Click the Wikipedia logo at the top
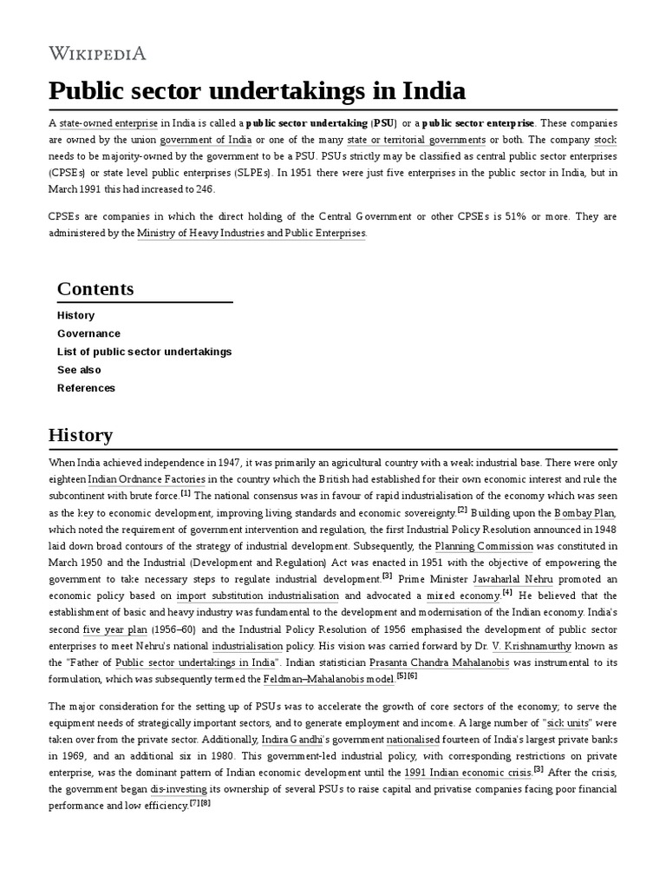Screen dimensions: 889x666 pos(97,54)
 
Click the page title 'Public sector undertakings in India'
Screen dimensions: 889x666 pos(257,91)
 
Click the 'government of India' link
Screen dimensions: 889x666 pos(206,140)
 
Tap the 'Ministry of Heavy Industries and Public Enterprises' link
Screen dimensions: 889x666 pos(251,234)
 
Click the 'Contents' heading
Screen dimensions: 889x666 pos(95,289)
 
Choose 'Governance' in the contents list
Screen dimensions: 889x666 pos(88,333)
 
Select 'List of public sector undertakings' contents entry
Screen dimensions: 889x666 pos(144,352)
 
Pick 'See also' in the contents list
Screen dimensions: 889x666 pos(79,370)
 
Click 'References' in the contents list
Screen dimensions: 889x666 pos(86,388)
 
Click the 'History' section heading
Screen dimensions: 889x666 pos(80,435)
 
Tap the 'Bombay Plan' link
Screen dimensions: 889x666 pos(585,513)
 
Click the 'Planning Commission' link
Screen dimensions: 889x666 pos(484,546)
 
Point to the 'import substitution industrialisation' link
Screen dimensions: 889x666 pos(258,596)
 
